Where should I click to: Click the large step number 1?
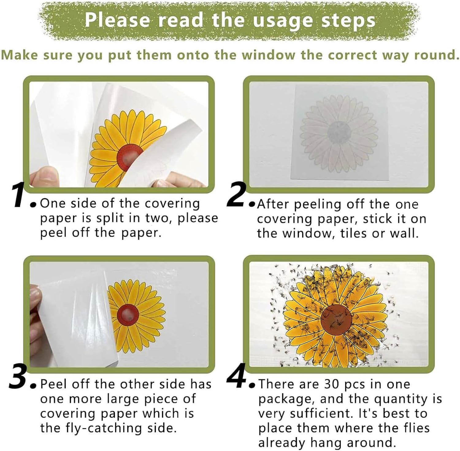(19, 195)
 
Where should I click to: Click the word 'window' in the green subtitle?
(269, 55)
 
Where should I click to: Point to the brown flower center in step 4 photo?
(336, 320)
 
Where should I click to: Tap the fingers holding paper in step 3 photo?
(35, 310)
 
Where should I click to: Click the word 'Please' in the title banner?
(118, 20)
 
